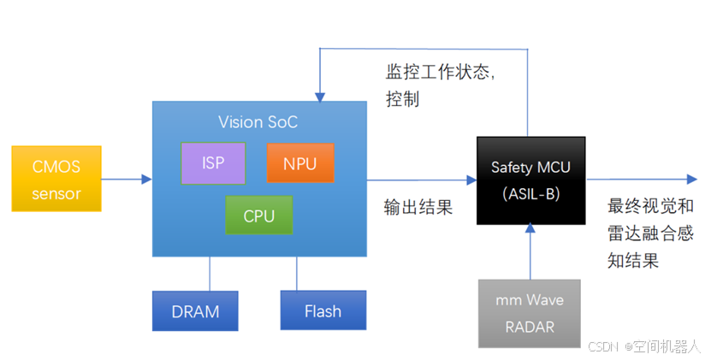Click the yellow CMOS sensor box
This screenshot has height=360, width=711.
pyautogui.click(x=56, y=179)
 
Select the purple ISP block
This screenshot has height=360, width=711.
pyautogui.click(x=213, y=162)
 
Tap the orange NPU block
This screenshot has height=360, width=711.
pyautogui.click(x=299, y=162)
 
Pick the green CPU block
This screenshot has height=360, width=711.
pyautogui.click(x=258, y=215)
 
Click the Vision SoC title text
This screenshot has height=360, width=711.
pyautogui.click(x=258, y=121)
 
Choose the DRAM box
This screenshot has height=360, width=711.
pyautogui.click(x=195, y=311)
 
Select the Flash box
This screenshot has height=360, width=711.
pyautogui.click(x=323, y=311)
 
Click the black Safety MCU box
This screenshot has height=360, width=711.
pyautogui.click(x=530, y=180)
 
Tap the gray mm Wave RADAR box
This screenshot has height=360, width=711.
pyautogui.click(x=530, y=313)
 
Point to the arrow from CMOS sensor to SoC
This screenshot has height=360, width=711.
pyautogui.click(x=127, y=180)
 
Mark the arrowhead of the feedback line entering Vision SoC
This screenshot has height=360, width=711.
pyautogui.click(x=319, y=95)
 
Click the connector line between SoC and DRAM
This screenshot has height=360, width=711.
pyautogui.click(x=210, y=274)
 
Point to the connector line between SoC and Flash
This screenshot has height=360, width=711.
pyautogui.click(x=297, y=274)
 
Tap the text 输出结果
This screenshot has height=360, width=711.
pyautogui.click(x=418, y=208)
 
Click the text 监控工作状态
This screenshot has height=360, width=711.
pyautogui.click(x=440, y=74)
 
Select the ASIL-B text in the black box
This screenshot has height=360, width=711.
pyautogui.click(x=530, y=193)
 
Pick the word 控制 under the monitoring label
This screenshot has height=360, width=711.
pyautogui.click(x=402, y=99)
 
